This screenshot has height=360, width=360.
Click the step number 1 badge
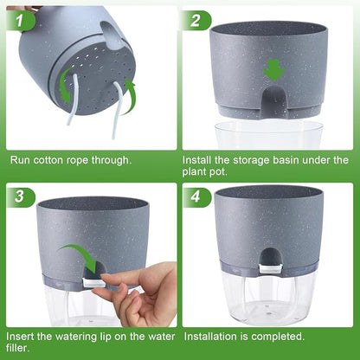(20, 21)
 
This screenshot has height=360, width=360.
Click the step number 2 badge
(196, 21)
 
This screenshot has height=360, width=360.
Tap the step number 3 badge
(20, 197)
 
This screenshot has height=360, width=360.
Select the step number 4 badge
(196, 197)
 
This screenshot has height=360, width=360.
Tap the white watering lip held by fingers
(93, 282)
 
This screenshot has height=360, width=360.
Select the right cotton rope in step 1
(119, 110)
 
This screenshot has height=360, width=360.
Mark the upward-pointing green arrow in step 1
(128, 98)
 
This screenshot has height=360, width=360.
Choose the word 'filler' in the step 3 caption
(18, 348)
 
